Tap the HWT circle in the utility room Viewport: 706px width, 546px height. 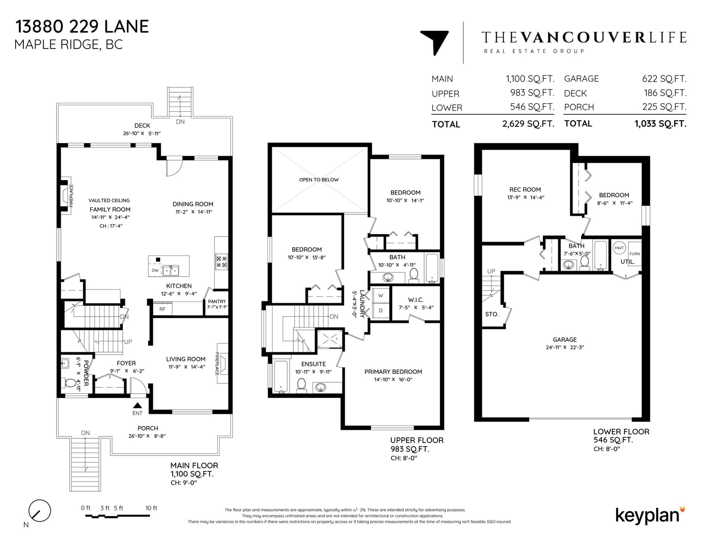coord(619,248)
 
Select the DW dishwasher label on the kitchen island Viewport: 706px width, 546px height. coord(155,270)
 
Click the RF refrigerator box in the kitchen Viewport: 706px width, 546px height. coord(162,309)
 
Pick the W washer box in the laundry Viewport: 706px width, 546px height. coord(380,295)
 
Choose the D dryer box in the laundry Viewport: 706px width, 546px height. coord(380,311)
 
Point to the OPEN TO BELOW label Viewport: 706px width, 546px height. coord(319,179)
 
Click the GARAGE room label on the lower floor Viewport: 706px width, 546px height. coord(565,339)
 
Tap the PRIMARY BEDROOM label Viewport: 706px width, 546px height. coord(393,372)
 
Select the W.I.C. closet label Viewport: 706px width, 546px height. coord(416,300)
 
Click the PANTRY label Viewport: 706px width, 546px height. coord(217,301)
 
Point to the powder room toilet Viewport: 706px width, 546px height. coord(70,383)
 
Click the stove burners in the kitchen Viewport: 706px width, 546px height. coord(222,262)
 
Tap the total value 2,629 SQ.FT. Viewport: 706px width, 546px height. coord(528,124)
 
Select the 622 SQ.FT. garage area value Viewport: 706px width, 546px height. coord(664,79)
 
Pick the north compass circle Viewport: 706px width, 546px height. coord(40,511)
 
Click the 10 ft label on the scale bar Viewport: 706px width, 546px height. coord(151,508)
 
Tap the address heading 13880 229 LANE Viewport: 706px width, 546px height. coord(82,26)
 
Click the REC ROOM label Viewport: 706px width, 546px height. coord(525,189)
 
